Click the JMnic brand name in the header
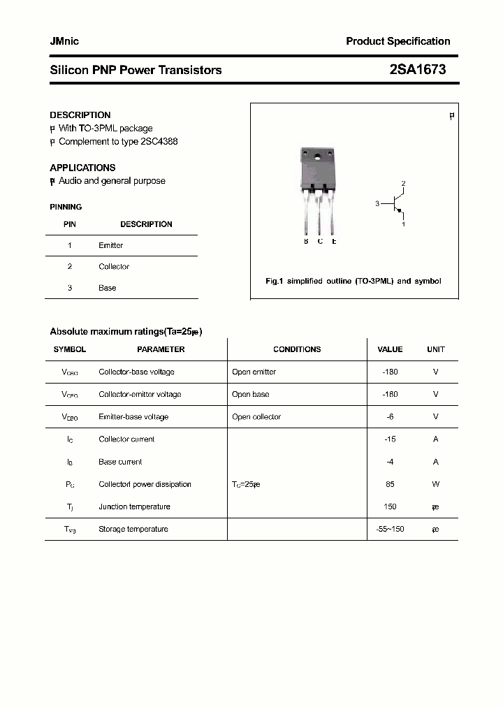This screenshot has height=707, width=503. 64,41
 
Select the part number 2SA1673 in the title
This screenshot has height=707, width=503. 417,70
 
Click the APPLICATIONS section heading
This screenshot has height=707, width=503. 82,168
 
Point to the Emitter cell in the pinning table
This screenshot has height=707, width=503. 110,245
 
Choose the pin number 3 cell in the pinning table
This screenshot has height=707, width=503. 70,288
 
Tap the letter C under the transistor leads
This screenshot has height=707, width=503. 320,242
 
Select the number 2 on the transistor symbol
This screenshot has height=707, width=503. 403,184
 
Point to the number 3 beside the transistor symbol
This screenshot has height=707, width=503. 377,204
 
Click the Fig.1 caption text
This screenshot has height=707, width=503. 353,281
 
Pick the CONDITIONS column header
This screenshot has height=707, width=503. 297,349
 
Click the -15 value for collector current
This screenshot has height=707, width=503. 390,439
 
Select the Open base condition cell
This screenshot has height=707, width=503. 250,395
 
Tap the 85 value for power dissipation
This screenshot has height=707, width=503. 390,484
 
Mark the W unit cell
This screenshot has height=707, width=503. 435,484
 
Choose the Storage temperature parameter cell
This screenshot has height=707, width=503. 133,530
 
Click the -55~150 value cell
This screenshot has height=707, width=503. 390,530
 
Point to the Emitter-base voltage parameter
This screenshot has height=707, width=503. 133,417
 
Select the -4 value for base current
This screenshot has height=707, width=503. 390,462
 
